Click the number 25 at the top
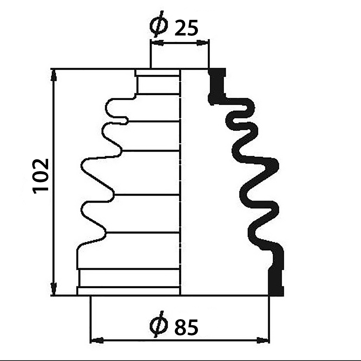(x=186, y=28)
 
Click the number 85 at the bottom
(x=186, y=327)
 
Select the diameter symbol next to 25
(x=159, y=24)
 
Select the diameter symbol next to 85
(x=159, y=324)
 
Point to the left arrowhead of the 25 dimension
(x=157, y=43)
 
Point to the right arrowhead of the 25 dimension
(x=202, y=43)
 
